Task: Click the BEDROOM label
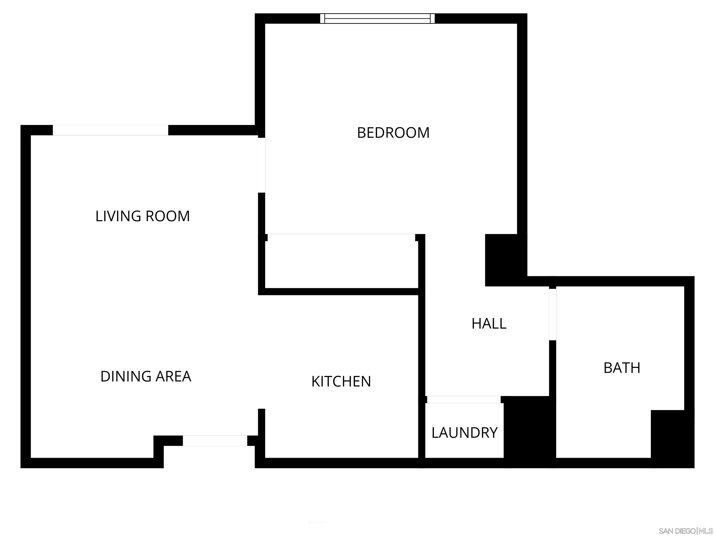[x=393, y=133]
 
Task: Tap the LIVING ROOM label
[x=142, y=216]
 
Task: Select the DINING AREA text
[x=146, y=376]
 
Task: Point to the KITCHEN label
[x=341, y=382]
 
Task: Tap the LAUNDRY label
[x=465, y=433]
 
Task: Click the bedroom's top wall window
[x=377, y=18]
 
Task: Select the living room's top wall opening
[x=110, y=130]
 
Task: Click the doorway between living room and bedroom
[x=262, y=165]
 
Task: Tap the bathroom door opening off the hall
[x=552, y=314]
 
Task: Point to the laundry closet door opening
[x=464, y=400]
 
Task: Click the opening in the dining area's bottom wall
[x=215, y=441]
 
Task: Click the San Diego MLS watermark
[x=685, y=531]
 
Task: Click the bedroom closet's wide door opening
[x=341, y=237]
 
